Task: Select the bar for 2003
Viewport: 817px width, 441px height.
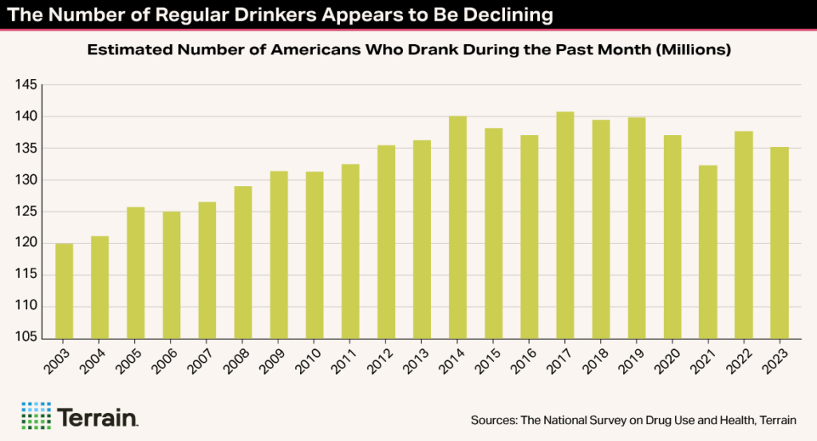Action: [64, 291]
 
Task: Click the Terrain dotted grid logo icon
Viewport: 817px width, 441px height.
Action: [37, 416]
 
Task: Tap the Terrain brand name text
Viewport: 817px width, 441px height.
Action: [98, 417]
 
